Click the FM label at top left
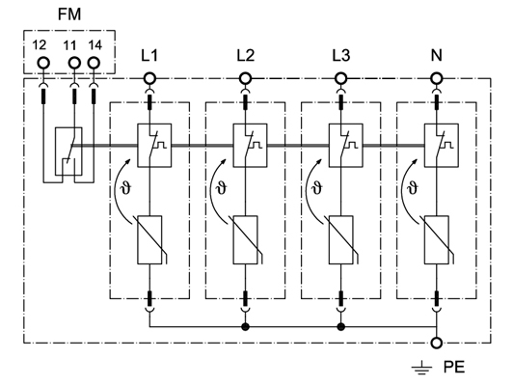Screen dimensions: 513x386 coord(69,14)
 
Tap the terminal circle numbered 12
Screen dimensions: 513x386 coord(42,63)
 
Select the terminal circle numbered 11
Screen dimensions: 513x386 coord(74,63)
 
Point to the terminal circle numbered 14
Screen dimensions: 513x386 coord(94,63)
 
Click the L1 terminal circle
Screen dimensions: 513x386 coord(149,78)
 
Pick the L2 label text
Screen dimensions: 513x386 coord(245,56)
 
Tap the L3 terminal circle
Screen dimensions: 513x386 coord(341,78)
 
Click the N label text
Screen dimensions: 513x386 coord(437,55)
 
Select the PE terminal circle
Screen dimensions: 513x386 coord(437,343)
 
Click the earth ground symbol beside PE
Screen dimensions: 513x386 coord(421,368)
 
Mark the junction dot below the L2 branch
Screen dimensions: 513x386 coord(245,326)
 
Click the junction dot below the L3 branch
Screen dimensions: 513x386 coord(341,326)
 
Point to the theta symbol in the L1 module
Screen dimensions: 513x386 coord(126,188)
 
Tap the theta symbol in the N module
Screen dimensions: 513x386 coord(413,188)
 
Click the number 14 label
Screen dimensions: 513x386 coord(94,45)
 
